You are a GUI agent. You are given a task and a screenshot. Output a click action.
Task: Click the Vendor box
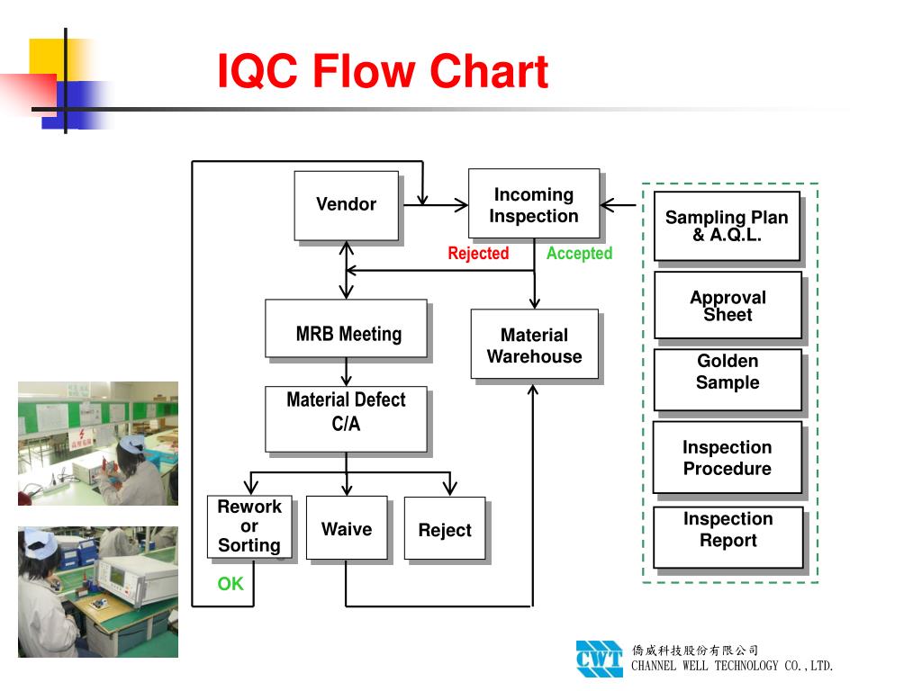point(347,205)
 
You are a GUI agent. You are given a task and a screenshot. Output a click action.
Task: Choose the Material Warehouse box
point(535,345)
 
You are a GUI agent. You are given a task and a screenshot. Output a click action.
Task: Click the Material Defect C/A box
point(346,419)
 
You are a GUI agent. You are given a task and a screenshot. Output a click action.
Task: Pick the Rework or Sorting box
point(249,527)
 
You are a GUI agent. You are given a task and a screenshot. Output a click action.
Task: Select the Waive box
point(347,528)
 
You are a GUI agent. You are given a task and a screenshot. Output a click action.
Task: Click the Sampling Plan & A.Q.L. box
point(727,226)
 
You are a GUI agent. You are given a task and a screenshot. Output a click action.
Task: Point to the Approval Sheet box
point(728,306)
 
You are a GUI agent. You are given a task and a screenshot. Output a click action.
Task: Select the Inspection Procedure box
point(728,458)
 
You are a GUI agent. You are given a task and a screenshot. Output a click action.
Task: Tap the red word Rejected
point(478,254)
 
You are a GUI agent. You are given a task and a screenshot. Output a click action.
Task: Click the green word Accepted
point(579,254)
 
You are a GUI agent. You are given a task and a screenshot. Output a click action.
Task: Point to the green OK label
point(230,584)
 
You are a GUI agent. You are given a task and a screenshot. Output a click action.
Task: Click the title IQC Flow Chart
point(383,72)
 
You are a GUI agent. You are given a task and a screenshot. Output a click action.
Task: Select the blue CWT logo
point(599,659)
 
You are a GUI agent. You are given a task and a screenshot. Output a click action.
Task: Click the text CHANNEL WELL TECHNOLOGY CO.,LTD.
point(732,667)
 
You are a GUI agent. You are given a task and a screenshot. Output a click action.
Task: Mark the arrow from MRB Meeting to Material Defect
point(347,372)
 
